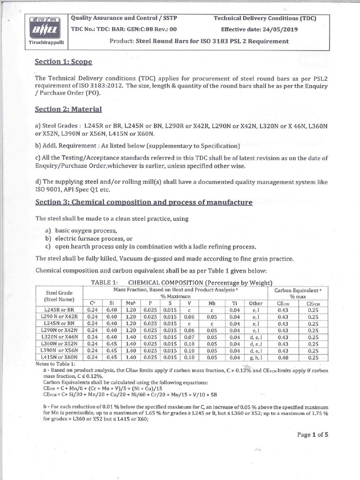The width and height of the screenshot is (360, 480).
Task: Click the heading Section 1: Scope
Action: click(64, 62)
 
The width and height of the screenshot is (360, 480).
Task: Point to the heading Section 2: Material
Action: click(68, 109)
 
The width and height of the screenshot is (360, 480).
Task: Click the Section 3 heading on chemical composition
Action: click(144, 202)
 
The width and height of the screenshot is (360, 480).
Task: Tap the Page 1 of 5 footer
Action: click(313, 435)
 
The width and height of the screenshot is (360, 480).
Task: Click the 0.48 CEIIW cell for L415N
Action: click(283, 358)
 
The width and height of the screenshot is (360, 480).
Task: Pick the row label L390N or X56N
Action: click(59, 351)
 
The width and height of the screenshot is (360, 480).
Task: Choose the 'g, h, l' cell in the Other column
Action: click(255, 358)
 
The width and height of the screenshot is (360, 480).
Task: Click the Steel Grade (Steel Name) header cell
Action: click(59, 296)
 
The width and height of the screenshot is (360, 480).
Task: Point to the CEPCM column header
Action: click(313, 303)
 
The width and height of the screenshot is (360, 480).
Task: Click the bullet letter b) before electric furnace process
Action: click(48, 239)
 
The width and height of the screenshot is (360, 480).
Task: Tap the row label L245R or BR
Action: click(59, 310)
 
